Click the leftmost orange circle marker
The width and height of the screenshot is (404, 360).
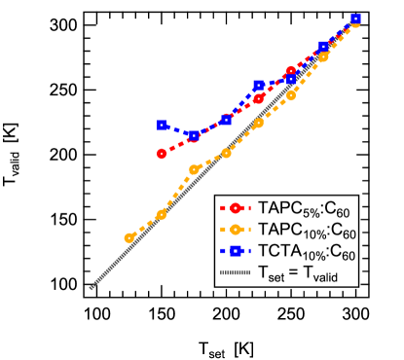point(129,237)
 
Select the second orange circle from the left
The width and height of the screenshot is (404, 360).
point(162,214)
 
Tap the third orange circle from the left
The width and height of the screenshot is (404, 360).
point(194,169)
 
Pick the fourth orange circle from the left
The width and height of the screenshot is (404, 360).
point(226,153)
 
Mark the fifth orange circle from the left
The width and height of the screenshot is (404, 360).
point(258,123)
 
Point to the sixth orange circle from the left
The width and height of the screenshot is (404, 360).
point(291,94)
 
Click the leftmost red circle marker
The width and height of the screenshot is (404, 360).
point(162,153)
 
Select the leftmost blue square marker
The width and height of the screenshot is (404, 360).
point(162,125)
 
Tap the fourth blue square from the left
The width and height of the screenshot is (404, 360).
point(258,86)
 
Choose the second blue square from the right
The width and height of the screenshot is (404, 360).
point(323,47)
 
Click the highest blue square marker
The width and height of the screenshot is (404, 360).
point(356,18)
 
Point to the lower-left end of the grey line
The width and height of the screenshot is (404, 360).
point(91,288)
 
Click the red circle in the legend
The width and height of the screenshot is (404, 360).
point(235,208)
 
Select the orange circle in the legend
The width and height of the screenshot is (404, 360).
point(235,231)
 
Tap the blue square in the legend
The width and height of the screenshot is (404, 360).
point(235,252)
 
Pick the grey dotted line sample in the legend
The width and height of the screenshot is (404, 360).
point(235,273)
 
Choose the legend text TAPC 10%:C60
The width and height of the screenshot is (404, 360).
point(306,232)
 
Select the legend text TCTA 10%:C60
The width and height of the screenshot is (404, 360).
point(306,253)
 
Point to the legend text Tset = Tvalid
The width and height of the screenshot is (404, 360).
point(301,274)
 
